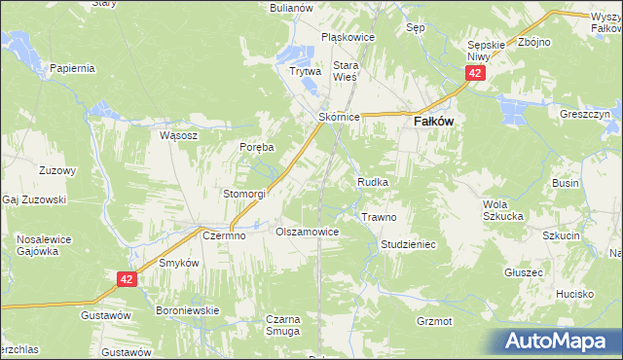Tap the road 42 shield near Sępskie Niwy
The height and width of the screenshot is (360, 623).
click(x=475, y=73)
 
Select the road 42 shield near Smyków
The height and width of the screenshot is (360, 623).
click(x=126, y=279)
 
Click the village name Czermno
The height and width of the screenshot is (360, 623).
click(x=222, y=234)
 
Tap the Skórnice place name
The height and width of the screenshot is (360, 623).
click(x=340, y=117)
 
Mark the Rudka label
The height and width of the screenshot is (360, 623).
click(x=374, y=182)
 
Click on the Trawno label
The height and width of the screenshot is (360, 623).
click(x=379, y=217)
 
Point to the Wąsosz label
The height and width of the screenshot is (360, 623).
click(x=178, y=136)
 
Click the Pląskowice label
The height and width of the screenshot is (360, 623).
click(x=348, y=38)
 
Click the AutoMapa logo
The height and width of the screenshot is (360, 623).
click(x=560, y=342)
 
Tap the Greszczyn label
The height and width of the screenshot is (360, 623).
click(x=584, y=114)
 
